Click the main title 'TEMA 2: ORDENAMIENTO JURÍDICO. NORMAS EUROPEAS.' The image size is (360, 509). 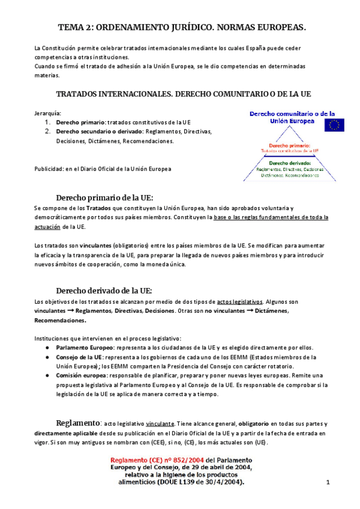click(182, 28)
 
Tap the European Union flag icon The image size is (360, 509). click(334, 124)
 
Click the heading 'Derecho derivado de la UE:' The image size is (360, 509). click(104, 291)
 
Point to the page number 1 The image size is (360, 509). click(328, 483)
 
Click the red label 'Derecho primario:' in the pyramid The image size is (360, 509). click(289, 145)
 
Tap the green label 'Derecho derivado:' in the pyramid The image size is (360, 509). click(290, 163)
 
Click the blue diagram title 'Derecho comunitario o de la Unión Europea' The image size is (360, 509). click(275, 116)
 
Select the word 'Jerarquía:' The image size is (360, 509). click(47, 112)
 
